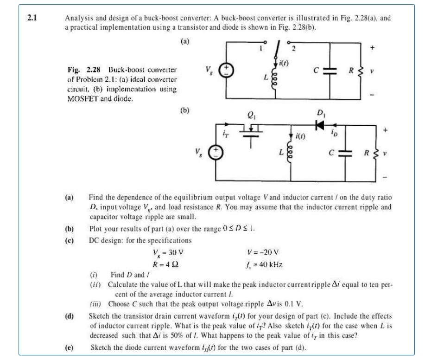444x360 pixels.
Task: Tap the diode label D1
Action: click(320, 114)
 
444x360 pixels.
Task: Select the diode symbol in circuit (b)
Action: click(319, 124)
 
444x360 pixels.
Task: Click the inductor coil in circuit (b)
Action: click(291, 156)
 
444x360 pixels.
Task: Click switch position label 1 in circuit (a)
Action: click(262, 47)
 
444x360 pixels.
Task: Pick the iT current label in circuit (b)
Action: click(223, 135)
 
